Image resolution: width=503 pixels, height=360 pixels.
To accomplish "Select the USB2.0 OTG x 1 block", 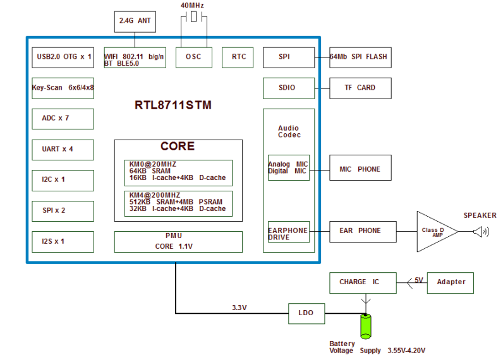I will (x=63, y=57).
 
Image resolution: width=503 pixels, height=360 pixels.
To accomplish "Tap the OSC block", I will (x=193, y=57).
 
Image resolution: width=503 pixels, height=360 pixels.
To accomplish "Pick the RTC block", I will (x=239, y=57).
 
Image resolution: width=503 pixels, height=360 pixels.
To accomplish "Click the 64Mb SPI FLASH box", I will (x=359, y=57).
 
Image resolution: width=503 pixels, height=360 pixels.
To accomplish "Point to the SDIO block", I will (x=288, y=88).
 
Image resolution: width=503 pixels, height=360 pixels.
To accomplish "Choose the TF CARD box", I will (x=359, y=88).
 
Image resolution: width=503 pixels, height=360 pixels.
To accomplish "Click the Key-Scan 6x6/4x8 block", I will (x=63, y=88).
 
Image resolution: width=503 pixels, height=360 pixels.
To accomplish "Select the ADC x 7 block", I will (x=63, y=119).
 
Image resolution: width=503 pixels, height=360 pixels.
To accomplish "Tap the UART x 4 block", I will (x=63, y=150).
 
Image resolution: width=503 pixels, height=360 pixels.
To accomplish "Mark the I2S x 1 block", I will (x=63, y=241).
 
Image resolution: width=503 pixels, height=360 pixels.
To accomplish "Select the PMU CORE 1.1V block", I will (x=178, y=241).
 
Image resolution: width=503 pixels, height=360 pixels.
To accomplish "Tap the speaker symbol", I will (x=481, y=232).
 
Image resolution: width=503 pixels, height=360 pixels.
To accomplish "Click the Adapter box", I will (x=451, y=282).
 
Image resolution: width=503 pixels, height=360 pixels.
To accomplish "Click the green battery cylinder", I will (x=365, y=327).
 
